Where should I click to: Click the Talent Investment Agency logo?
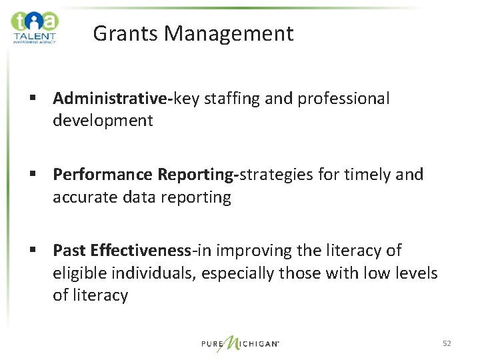coord(35,27)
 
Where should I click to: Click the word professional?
coord(343,99)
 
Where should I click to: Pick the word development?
coord(103,121)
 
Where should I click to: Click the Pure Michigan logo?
coord(241,343)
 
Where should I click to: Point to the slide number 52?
coord(447,343)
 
